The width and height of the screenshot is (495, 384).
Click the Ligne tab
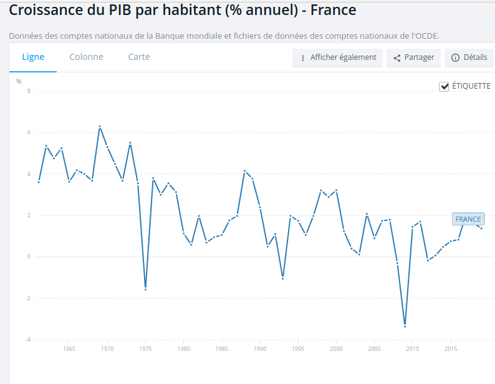tap(33, 57)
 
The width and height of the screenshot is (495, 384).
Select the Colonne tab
tap(86, 57)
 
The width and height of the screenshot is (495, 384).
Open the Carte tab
tap(139, 57)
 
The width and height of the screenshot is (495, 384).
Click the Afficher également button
tap(337, 57)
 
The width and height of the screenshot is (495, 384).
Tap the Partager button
tap(413, 57)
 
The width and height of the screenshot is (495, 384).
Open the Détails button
tap(469, 57)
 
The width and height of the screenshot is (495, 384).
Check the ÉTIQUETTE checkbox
tap(445, 86)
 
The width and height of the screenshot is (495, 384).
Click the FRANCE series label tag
tap(468, 219)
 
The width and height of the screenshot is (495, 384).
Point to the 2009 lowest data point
tap(405, 326)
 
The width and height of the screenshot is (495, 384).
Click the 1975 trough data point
tap(145, 289)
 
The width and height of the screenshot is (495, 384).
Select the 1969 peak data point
tap(100, 127)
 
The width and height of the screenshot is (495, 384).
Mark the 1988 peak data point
tap(244, 170)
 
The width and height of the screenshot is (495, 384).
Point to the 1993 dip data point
tap(283, 278)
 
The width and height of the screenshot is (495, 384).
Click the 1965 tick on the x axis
tap(69, 348)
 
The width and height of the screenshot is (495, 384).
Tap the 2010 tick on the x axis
tap(413, 348)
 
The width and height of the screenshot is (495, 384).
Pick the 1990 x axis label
tap(260, 348)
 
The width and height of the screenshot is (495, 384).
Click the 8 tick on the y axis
tap(29, 91)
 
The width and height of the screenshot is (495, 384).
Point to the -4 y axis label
tap(27, 340)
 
